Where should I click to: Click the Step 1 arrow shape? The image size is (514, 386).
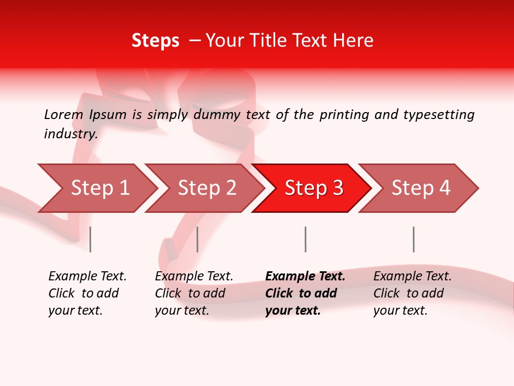pos(100,188)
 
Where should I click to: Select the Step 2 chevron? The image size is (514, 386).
pos(207,188)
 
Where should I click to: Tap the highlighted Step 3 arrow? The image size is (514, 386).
pos(314,188)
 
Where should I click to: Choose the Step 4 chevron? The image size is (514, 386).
pos(421,188)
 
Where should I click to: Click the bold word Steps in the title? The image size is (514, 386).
pos(155,41)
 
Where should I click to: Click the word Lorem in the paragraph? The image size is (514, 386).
pos(64,114)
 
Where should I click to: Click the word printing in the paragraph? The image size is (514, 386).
pos(344,114)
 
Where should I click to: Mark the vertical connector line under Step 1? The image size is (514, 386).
pos(90,239)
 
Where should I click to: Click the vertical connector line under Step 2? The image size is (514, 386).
pos(198,239)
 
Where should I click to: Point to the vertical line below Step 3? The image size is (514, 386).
pos(305,239)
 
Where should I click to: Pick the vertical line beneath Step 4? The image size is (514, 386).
pos(413,239)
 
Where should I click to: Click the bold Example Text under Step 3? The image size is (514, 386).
pos(305,277)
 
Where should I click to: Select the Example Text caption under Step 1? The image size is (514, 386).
pos(87,277)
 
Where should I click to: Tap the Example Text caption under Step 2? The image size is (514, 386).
pos(194,277)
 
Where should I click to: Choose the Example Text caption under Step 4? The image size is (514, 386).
pos(412,277)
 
